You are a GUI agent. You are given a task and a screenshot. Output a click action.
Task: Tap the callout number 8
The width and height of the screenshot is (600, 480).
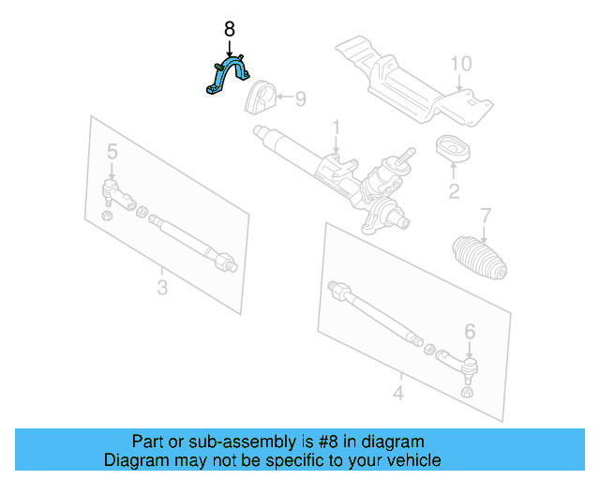(x=230, y=30)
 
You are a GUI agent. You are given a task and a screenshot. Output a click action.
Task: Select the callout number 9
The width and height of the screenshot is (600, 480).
(x=301, y=97)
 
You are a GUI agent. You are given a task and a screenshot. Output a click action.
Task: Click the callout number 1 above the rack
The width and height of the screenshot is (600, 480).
(x=335, y=127)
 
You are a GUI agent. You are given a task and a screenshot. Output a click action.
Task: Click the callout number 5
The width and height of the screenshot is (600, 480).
(x=112, y=152)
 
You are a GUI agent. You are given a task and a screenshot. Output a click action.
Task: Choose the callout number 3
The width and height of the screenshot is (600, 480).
(x=162, y=288)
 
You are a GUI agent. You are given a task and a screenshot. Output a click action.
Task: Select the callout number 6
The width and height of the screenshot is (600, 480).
(x=470, y=330)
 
